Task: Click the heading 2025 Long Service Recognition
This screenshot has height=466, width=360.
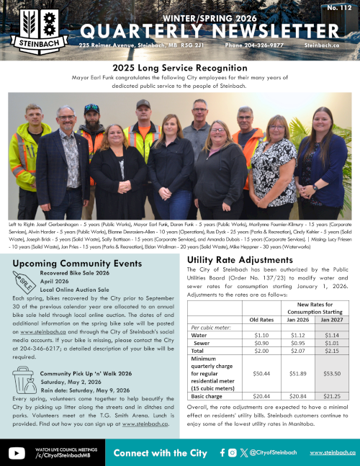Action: pos(179,67)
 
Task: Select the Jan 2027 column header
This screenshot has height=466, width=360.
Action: pos(332,319)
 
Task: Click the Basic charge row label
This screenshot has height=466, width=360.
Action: pos(206,395)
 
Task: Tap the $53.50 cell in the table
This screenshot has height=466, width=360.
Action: pos(332,373)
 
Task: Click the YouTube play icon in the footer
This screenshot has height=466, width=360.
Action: pos(17,453)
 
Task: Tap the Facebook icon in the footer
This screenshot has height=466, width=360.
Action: pos(222,453)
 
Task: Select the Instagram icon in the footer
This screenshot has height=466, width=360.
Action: pos(232,453)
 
